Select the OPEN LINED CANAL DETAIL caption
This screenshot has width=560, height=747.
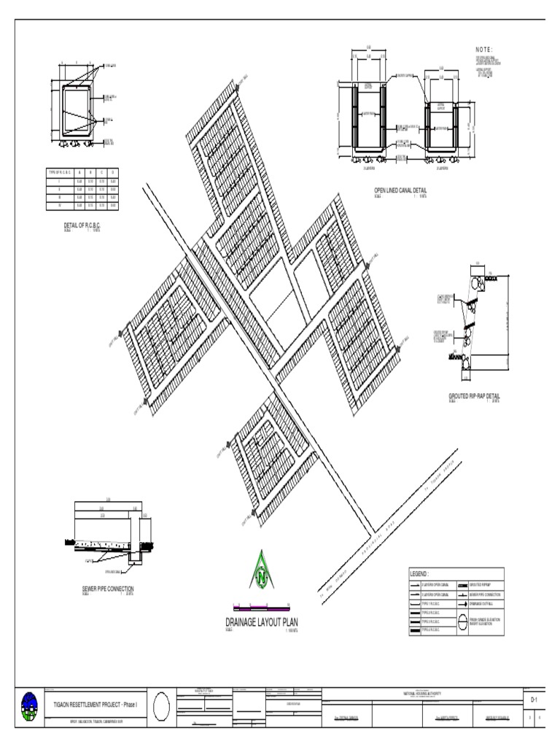(400, 190)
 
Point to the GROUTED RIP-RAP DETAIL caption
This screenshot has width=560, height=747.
(474, 396)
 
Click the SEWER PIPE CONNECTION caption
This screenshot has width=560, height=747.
(108, 588)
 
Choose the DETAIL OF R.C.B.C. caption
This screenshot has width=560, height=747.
(82, 225)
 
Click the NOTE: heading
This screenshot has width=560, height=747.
(484, 49)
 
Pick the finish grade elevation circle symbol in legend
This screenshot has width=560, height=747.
(463, 622)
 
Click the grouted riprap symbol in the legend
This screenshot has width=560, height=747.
(463, 585)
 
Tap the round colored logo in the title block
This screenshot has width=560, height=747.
(29, 706)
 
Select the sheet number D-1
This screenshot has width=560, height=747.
(534, 700)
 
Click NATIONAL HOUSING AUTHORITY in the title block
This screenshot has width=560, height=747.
(423, 693)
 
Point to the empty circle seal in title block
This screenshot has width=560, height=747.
(162, 706)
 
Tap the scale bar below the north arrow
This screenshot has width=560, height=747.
(261, 606)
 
